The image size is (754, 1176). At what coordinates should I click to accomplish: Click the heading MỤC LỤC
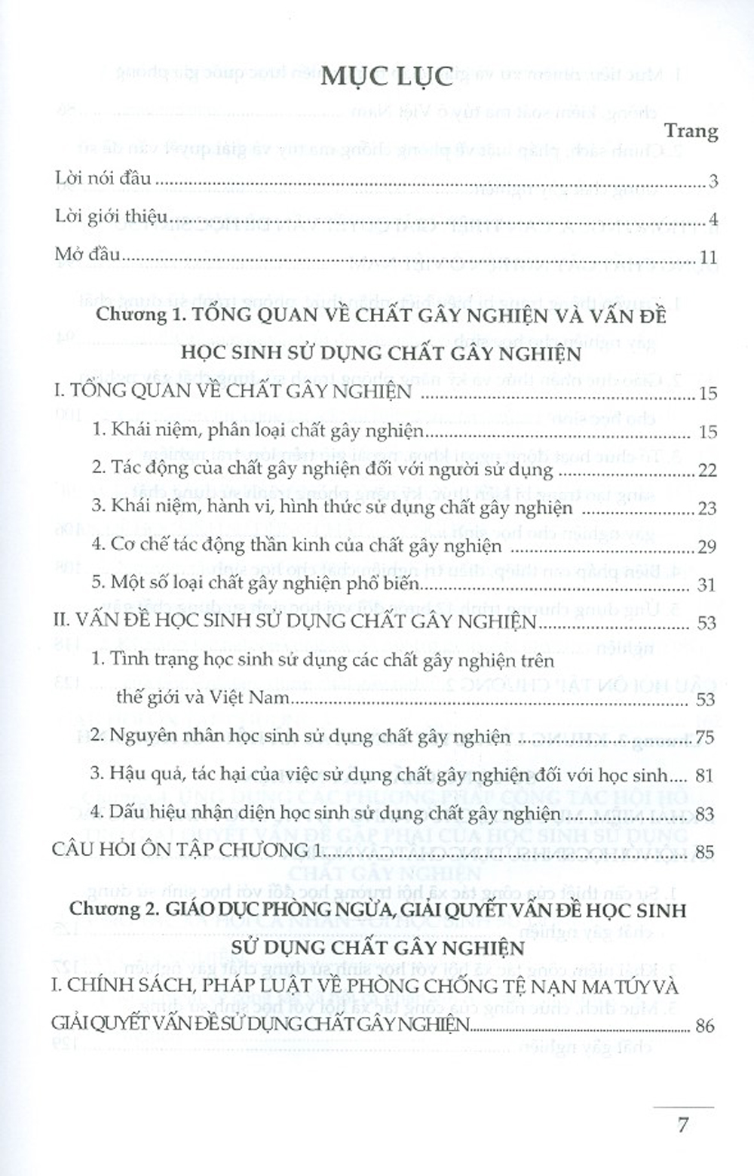[386, 78]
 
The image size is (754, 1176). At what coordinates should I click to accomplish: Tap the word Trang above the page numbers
[691, 130]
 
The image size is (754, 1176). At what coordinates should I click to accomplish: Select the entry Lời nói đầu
[103, 179]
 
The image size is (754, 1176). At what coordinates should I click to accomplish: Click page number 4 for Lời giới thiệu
[713, 220]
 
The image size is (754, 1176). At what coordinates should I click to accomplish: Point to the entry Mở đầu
[87, 254]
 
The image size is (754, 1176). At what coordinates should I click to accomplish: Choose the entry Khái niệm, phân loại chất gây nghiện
[259, 431]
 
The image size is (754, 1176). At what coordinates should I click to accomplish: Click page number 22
[707, 470]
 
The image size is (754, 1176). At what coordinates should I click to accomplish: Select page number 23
[707, 508]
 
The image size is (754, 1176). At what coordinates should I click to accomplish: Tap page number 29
[707, 546]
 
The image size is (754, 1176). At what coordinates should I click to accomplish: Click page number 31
[707, 585]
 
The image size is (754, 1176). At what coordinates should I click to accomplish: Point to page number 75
[704, 737]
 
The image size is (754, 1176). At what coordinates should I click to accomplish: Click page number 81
[704, 775]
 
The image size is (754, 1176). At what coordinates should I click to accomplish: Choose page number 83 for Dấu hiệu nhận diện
[704, 814]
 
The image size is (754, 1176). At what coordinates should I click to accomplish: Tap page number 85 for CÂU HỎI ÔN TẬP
[704, 852]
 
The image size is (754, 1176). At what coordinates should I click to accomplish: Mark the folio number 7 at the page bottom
[682, 1125]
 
